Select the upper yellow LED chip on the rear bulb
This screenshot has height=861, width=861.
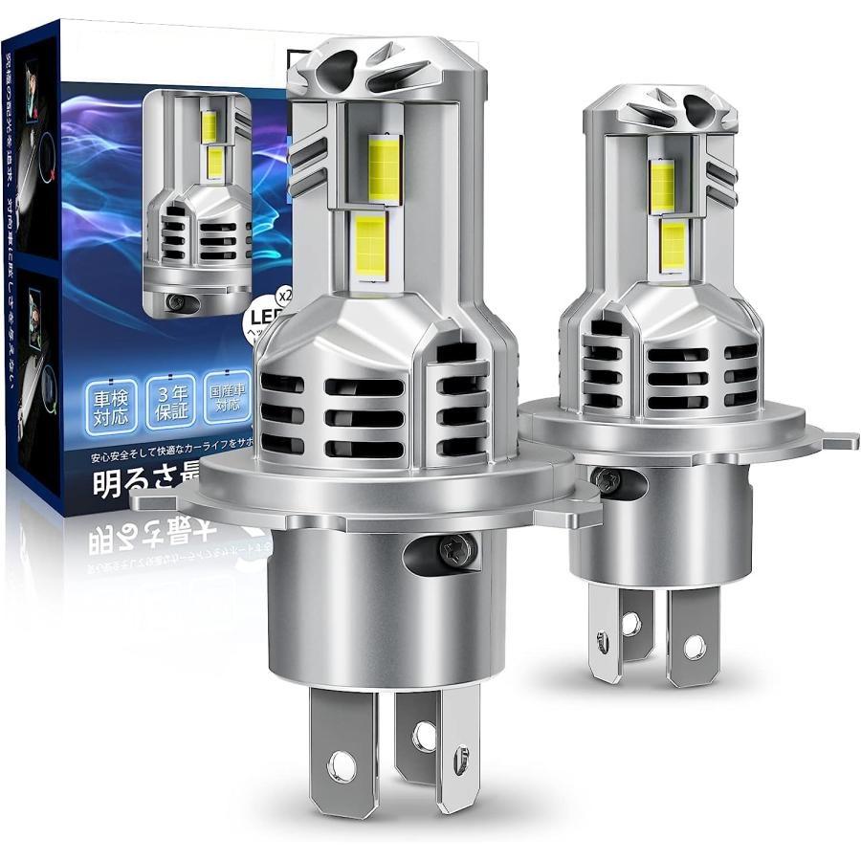tap(662, 181)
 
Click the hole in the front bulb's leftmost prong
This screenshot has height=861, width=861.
tap(336, 764)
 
